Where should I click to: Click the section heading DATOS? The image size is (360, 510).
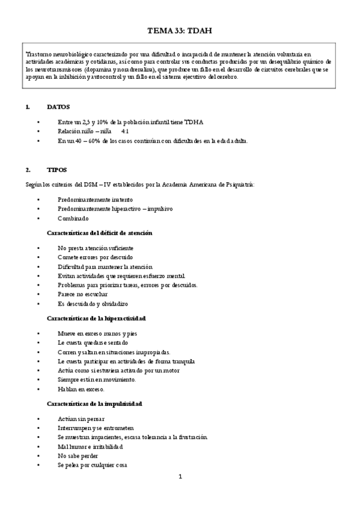pyautogui.click(x=58, y=106)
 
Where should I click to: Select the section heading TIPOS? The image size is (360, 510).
pyautogui.click(x=56, y=170)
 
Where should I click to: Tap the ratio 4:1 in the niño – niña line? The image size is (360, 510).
pyautogui.click(x=126, y=131)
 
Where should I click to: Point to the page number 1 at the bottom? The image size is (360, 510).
pyautogui.click(x=180, y=477)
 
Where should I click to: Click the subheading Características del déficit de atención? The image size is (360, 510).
pyautogui.click(x=99, y=233)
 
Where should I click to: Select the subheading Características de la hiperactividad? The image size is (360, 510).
pyautogui.click(x=96, y=318)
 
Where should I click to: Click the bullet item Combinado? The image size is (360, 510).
pyautogui.click(x=73, y=218)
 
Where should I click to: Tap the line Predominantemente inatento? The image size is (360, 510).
pyautogui.click(x=96, y=199)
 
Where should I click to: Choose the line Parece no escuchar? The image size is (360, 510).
pyautogui.click(x=83, y=294)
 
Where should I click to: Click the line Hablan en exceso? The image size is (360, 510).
pyautogui.click(x=81, y=389)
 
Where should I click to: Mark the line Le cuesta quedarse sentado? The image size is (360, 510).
pyautogui.click(x=93, y=342)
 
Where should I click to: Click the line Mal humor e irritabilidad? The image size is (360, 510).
pyautogui.click(x=90, y=446)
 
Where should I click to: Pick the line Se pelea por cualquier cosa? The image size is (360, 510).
pyautogui.click(x=92, y=465)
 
